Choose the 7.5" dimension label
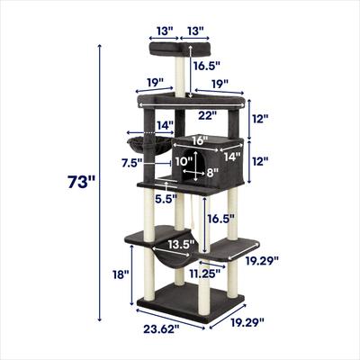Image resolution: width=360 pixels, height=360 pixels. click(x=131, y=163)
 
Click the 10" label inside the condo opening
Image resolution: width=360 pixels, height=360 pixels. click(x=184, y=161)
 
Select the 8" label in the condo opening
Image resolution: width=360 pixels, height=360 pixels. click(x=212, y=172)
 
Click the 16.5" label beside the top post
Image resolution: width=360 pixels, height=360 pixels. click(x=208, y=66)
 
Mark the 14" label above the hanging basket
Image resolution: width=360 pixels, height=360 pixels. click(x=164, y=125)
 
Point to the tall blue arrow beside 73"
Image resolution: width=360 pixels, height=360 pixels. click(x=96, y=184)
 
